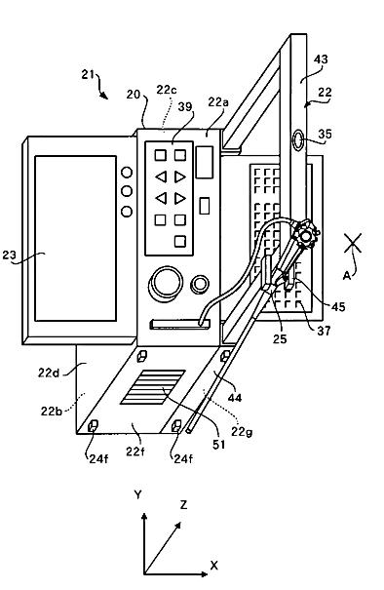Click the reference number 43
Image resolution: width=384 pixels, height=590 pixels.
coord(321,59)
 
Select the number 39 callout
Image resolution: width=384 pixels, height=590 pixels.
coord(185,107)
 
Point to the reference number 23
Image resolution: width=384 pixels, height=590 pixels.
coord(9,255)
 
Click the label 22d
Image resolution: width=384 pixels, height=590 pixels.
coord(49,373)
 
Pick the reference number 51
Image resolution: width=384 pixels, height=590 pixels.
coord(219,445)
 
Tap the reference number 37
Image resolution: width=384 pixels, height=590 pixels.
coord(324,332)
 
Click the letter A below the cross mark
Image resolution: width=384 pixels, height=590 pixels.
coord(347,276)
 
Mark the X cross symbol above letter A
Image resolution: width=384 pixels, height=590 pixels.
coord(353,243)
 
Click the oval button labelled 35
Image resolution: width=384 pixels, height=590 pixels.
coord(299,140)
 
